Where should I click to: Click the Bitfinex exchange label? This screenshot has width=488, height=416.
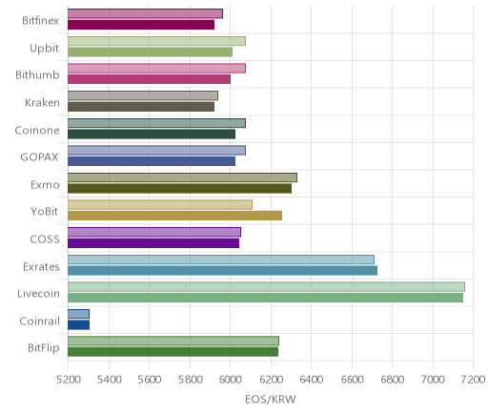40,21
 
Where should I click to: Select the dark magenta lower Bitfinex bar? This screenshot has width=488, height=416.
141,25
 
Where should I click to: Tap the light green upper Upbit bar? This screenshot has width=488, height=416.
156,41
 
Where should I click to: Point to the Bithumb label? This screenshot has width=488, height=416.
37,75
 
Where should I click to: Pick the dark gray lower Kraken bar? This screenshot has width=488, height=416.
141,107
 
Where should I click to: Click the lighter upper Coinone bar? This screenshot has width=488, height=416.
156,123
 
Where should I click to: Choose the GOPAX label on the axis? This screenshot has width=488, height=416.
39,157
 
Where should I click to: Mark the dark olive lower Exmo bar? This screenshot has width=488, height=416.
179,189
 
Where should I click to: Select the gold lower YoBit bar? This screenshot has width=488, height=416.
174,216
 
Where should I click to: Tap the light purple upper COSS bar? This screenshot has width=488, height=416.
154,232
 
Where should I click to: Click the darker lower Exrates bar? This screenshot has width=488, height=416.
222,271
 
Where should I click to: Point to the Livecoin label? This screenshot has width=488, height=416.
38,294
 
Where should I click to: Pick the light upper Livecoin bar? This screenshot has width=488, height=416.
266,286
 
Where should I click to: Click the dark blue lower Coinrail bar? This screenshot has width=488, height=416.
78,325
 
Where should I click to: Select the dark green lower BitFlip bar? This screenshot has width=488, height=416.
173,352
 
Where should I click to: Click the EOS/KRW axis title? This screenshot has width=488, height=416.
271,399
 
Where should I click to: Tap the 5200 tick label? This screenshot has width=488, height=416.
68,380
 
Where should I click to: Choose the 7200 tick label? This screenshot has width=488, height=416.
474,380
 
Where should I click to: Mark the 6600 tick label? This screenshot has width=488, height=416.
352,380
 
